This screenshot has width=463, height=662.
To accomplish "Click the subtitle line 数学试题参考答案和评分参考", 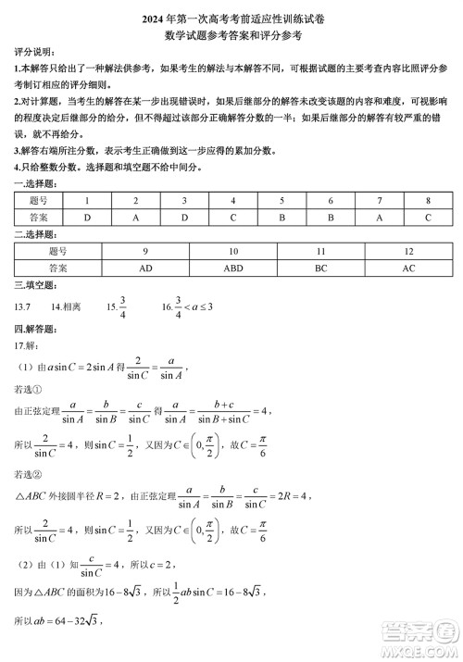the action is [231, 34].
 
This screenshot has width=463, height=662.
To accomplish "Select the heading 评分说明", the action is [33, 53].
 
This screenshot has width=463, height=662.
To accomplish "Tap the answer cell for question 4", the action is [232, 218].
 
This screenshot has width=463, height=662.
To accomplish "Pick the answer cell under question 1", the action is [87, 218].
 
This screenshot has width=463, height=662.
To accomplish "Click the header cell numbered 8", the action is [428, 201].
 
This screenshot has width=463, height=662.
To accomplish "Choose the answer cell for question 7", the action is [379, 218].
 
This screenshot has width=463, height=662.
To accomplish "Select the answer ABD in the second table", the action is [233, 268].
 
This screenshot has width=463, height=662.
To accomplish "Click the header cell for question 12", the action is [408, 251].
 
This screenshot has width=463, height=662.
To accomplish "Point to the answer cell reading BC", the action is [321, 268].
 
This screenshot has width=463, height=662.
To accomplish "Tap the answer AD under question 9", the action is [145, 268].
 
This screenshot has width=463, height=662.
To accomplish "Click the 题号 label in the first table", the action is [39, 201].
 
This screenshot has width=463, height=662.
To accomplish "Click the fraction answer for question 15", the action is [122, 306].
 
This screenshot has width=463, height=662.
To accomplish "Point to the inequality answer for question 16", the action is [193, 306].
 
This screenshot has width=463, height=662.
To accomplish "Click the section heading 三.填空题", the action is [33, 285].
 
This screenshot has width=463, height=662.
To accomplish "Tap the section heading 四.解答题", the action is [33, 329].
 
